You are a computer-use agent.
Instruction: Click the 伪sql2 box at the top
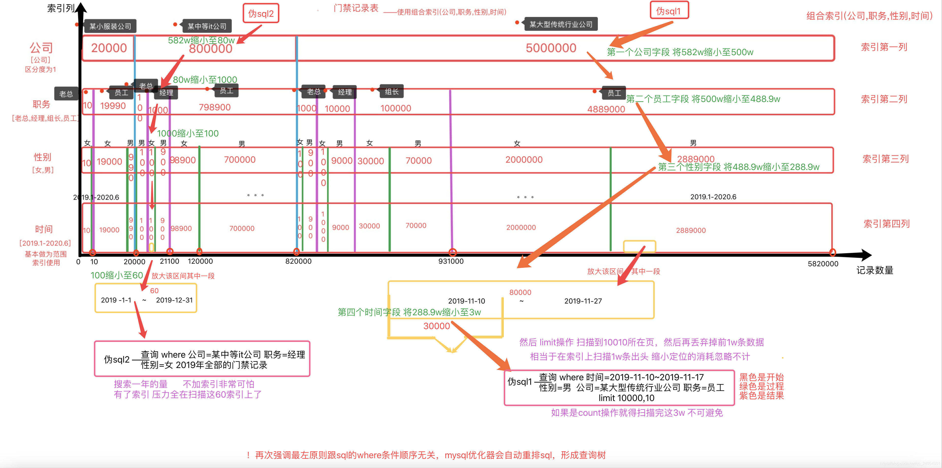click(x=261, y=14)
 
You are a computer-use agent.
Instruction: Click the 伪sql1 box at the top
click(x=669, y=11)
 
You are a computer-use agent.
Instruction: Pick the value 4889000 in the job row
click(x=606, y=109)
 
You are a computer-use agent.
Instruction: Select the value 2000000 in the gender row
click(x=524, y=160)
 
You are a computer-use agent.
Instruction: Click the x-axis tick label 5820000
click(x=823, y=264)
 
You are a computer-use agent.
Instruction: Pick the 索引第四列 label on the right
click(x=886, y=224)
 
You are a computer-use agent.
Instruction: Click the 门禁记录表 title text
click(x=356, y=8)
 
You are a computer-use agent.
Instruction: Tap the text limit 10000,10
click(x=627, y=398)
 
